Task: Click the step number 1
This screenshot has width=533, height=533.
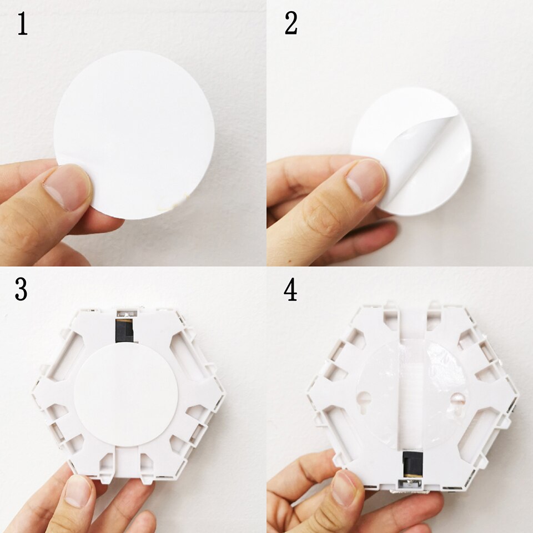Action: point(22,25)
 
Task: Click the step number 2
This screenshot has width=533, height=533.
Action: point(291,24)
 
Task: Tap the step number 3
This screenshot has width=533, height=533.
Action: point(21,290)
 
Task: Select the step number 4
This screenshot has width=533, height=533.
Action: point(290,290)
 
